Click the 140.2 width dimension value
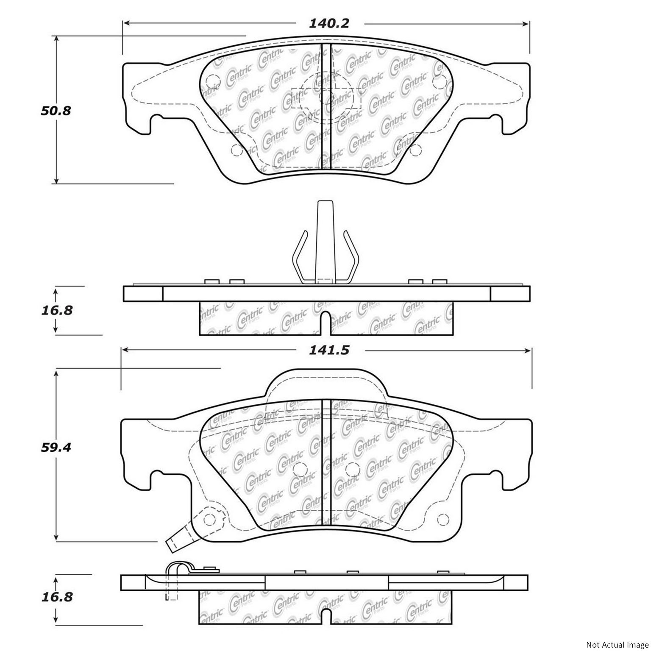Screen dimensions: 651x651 [328, 23]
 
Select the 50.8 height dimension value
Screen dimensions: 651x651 [56, 111]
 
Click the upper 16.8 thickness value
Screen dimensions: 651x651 [57, 310]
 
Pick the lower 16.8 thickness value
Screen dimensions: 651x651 [57, 597]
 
